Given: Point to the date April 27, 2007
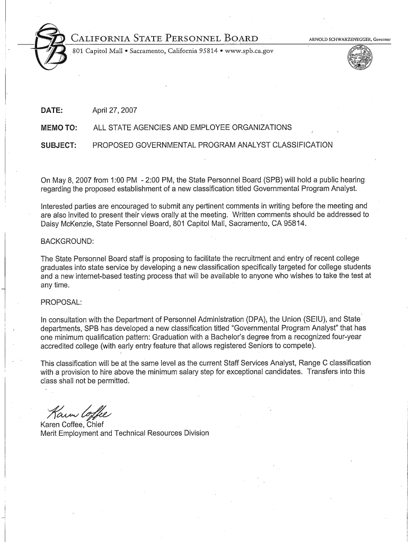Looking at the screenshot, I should coord(115,110).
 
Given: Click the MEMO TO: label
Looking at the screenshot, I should coord(59,128).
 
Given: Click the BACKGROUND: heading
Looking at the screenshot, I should coord(67,242).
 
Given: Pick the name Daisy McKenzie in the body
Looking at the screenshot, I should coord(66,224).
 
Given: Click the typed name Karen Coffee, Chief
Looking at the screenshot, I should coord(73,424).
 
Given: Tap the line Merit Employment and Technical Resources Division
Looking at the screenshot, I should coord(125,433).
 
